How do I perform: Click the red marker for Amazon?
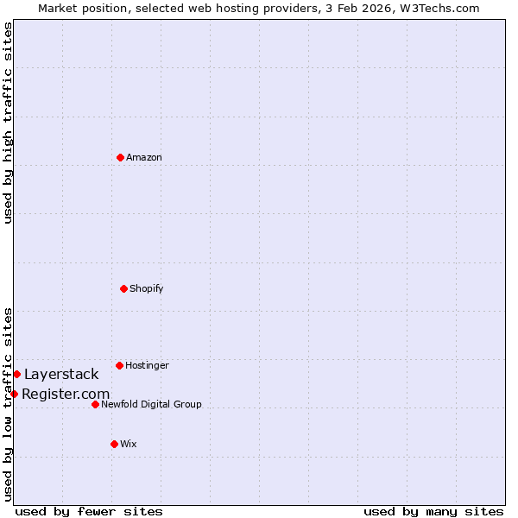coord(120,157)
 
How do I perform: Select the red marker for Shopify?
coord(123,288)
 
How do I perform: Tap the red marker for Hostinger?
coord(119,365)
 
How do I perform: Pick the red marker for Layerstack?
coord(16,374)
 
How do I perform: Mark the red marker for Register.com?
coord(14,394)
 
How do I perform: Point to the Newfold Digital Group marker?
coord(95,404)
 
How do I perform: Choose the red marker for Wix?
coord(114,444)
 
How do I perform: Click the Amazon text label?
coord(143,157)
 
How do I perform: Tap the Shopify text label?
coord(146,288)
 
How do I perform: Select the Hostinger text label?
coord(147,365)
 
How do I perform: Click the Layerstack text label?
coord(61,374)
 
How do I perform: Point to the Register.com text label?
coord(66,395)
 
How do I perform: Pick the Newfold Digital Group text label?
coord(151,404)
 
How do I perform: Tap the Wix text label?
coord(128,444)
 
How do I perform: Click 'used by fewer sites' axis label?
coord(89,511)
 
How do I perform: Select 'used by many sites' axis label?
coord(433,511)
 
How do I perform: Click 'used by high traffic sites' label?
coord(8,123)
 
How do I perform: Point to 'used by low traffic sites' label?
coord(8,403)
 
